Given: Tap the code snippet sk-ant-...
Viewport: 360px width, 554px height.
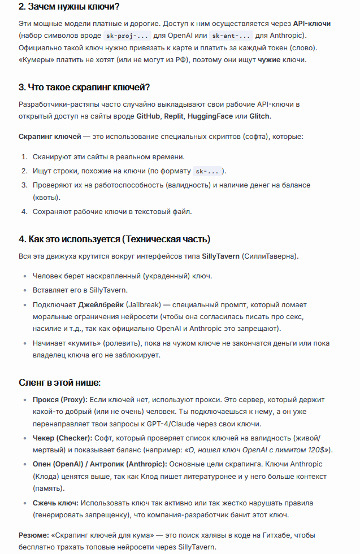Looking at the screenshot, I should (x=232, y=36).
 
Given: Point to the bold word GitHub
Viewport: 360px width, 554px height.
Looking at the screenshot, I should (x=148, y=116).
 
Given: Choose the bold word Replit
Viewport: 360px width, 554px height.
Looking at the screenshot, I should (x=174, y=116).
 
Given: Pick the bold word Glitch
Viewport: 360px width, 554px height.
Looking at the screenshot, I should (x=259, y=116).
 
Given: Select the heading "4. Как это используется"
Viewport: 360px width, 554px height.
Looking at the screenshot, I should (x=115, y=239).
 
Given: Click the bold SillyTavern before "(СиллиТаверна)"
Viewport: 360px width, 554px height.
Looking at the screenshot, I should (x=220, y=256).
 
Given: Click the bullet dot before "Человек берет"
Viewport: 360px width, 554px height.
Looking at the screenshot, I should (x=25, y=276).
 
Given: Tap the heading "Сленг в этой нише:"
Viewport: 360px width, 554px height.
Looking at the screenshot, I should (x=60, y=382).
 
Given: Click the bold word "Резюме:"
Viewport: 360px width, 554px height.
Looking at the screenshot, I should (x=33, y=535).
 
